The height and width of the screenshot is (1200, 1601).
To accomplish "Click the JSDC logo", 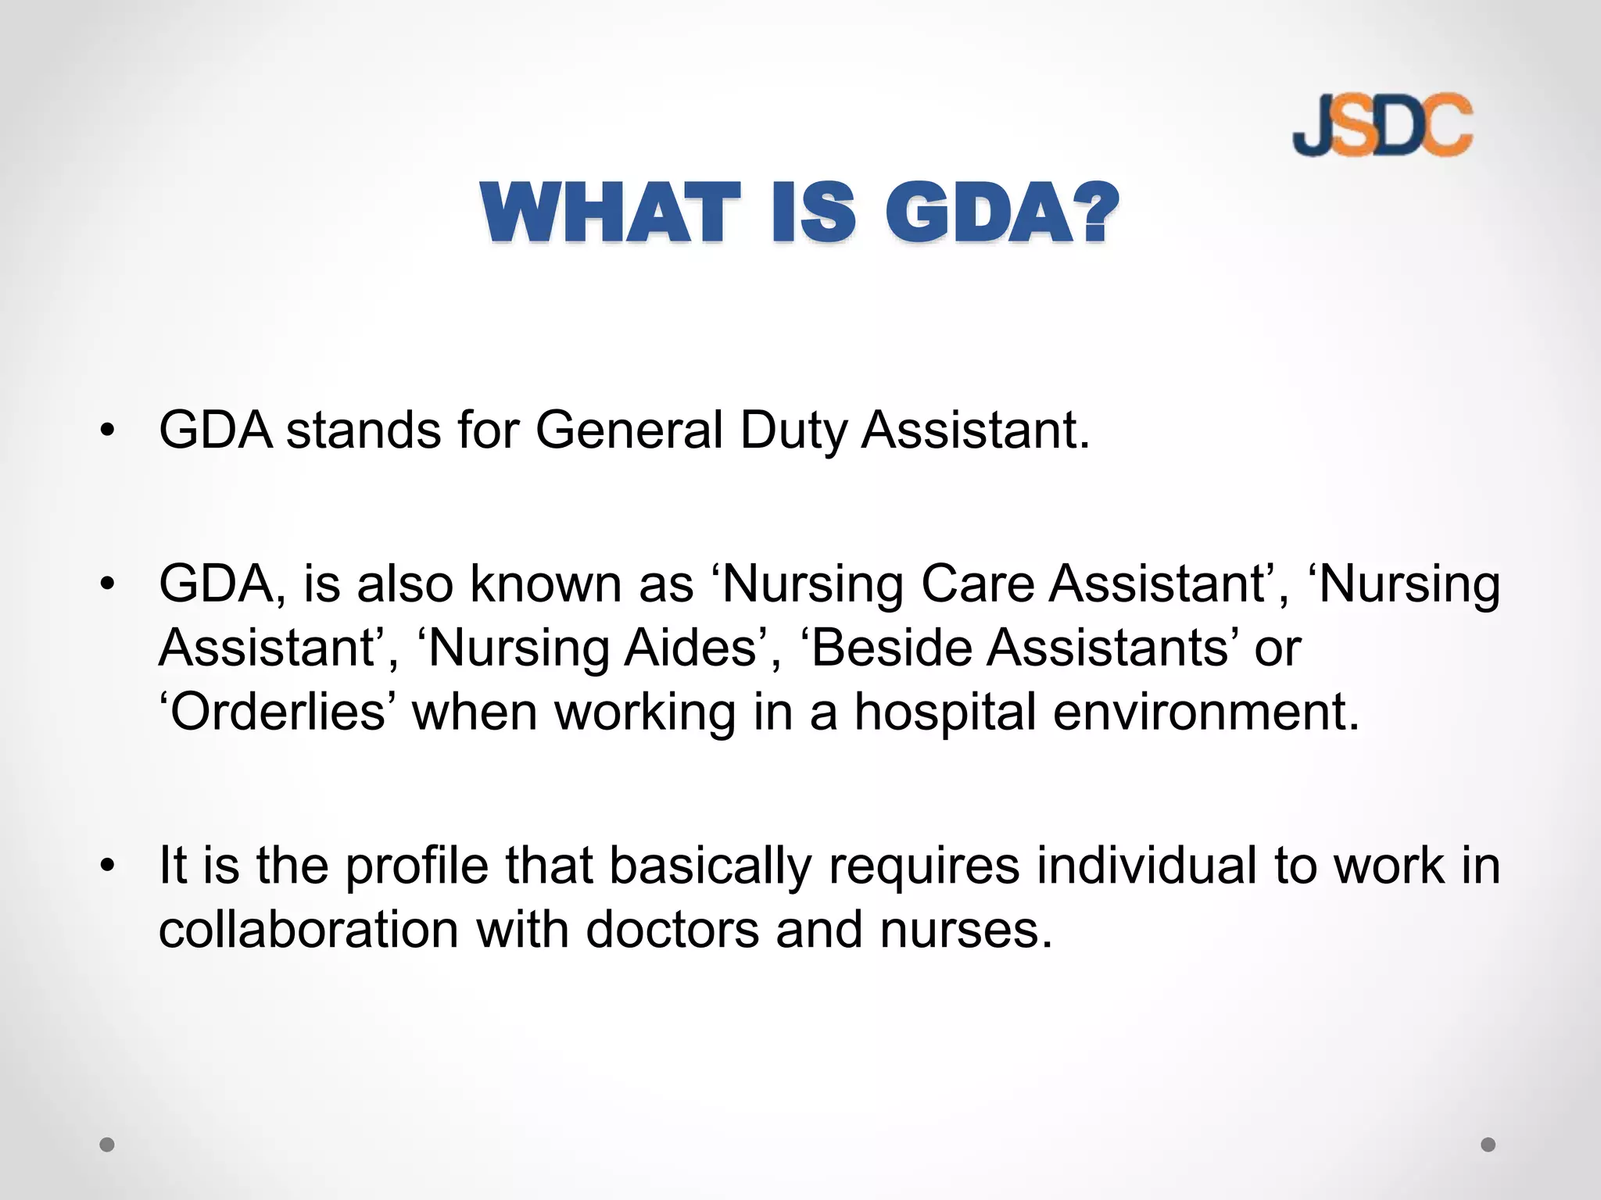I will (1382, 124).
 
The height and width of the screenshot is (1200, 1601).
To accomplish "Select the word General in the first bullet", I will (629, 430).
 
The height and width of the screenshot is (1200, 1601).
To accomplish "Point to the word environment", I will (1205, 712).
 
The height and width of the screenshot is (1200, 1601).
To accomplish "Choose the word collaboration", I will (308, 930).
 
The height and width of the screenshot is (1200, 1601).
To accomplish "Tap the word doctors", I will (672, 930).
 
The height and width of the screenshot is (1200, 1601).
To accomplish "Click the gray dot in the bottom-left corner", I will (107, 1145).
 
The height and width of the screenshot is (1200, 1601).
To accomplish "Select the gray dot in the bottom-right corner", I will (1488, 1145).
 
